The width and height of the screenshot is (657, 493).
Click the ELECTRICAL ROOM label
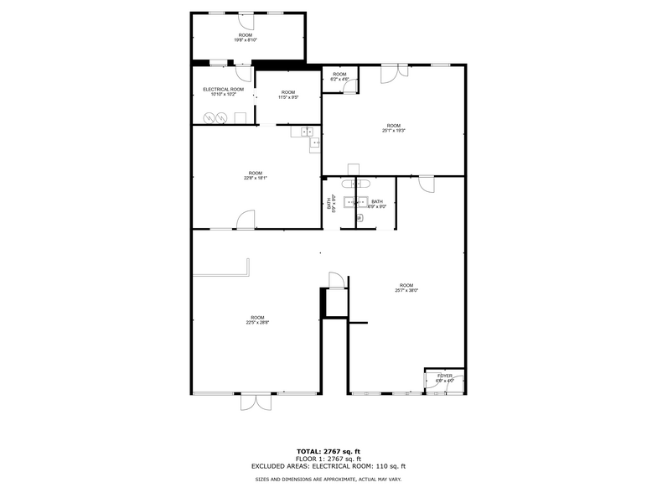[223, 89]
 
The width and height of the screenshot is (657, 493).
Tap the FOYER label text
[444, 375]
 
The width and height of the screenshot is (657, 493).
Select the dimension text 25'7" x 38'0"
[406, 290]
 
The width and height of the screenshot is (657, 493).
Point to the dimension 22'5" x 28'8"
[257, 322]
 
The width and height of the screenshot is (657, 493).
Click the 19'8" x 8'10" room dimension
[246, 39]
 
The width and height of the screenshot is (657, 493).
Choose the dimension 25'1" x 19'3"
[393, 131]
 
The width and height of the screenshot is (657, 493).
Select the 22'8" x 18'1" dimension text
[255, 178]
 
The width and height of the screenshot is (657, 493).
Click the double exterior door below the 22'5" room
[256, 402]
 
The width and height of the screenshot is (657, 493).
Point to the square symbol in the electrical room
[240, 118]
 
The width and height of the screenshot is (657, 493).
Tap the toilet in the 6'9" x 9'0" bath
[360, 218]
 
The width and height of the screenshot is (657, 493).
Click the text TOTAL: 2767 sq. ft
[328, 452]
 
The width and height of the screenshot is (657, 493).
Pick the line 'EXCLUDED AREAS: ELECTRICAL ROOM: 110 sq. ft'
[328, 465]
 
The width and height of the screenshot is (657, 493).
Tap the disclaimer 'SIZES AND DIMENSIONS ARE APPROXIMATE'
[328, 479]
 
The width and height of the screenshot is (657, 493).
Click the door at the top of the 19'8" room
[246, 18]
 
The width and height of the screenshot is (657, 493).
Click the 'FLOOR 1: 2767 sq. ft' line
[328, 459]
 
